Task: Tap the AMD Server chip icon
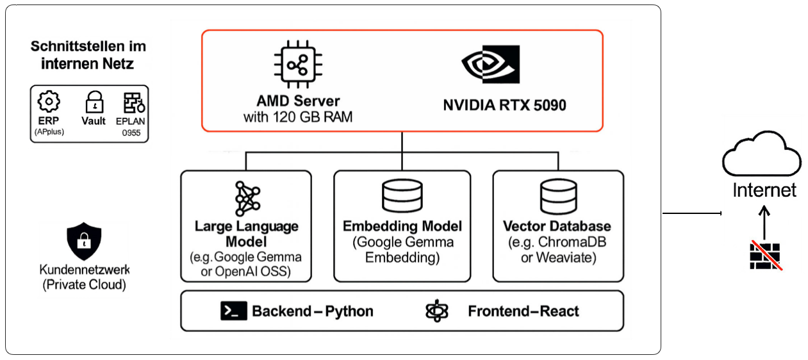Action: (298, 65)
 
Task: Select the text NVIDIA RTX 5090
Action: (504, 105)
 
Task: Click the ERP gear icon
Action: (49, 102)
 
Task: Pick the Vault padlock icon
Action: (94, 102)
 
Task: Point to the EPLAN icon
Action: (133, 102)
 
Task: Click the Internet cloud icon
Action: (761, 157)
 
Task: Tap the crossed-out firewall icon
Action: (765, 254)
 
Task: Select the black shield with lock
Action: (84, 240)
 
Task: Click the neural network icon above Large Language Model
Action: (247, 199)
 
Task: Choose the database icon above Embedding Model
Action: (402, 196)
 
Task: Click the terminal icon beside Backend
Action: (233, 311)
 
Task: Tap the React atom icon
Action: (438, 311)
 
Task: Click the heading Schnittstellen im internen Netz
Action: (88, 55)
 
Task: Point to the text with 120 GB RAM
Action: (298, 117)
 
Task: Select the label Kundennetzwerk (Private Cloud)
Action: (84, 277)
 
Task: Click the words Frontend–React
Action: (524, 311)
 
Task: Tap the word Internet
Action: (764, 190)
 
